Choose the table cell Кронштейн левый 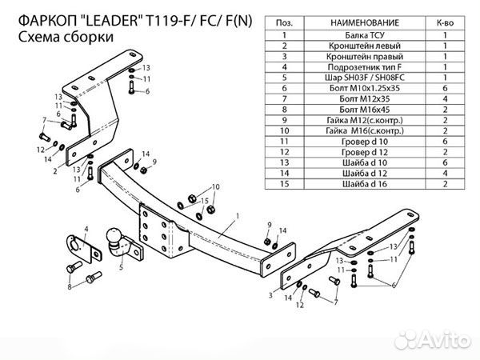(362, 48)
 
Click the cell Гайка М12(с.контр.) (362, 122)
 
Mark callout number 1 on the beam (238, 216)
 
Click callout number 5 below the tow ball (121, 268)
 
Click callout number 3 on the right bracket (271, 295)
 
